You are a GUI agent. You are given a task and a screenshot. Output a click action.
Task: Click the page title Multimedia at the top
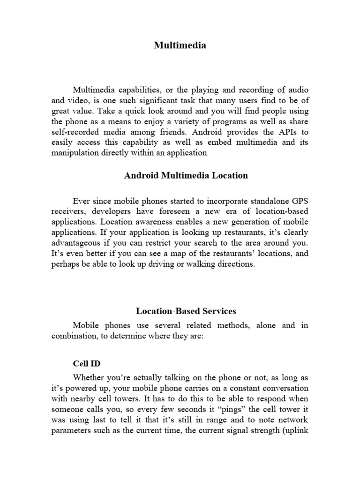[x=180, y=45]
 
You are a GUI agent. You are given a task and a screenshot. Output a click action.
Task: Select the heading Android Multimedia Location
[x=186, y=176]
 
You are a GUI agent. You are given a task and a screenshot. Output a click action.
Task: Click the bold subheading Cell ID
[x=87, y=363]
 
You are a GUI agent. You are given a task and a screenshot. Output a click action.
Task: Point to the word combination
[x=74, y=336]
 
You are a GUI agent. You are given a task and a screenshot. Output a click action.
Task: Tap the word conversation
[x=285, y=389]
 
